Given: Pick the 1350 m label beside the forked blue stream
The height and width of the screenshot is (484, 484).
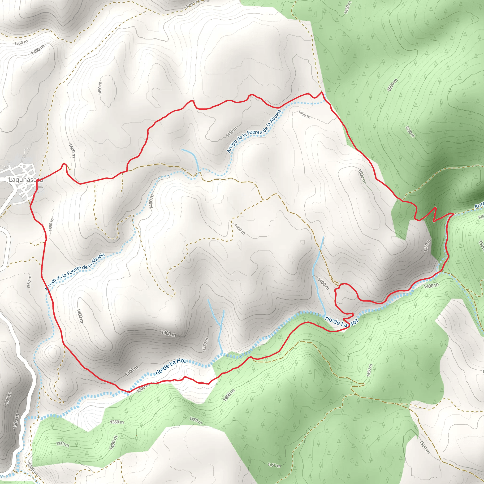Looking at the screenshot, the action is tap(205, 344).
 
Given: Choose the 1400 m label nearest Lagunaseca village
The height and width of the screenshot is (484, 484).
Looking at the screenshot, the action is tap(72, 150).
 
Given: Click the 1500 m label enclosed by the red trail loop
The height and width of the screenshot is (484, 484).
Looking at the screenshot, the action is tap(362, 176).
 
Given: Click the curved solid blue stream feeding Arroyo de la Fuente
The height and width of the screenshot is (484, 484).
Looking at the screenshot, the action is tap(192, 158).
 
